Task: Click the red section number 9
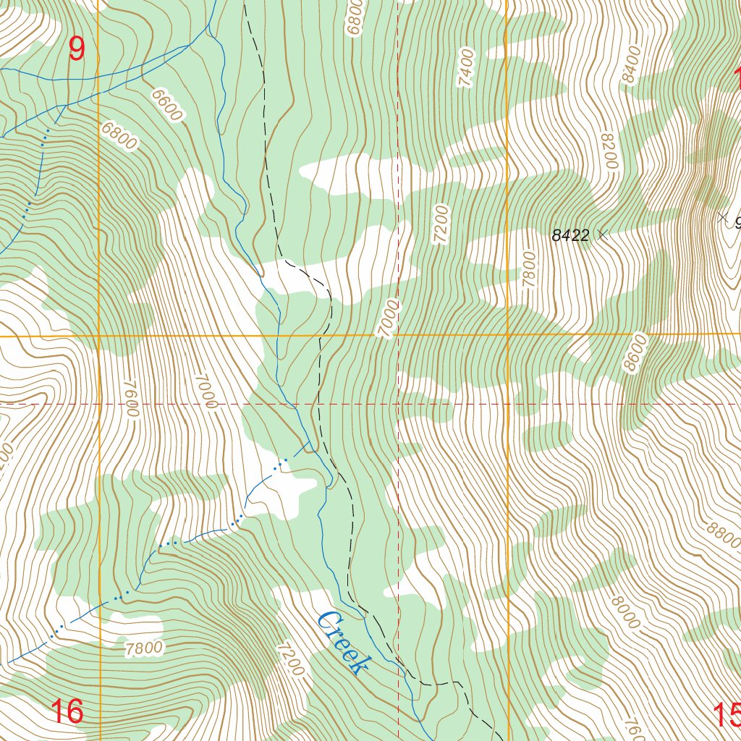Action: pos(77,49)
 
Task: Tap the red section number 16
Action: pos(67,711)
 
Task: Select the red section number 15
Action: pos(727,715)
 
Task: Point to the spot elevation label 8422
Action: pos(570,235)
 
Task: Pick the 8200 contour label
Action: pos(608,151)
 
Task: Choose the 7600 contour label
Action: pos(130,399)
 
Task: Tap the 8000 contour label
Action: pos(624,612)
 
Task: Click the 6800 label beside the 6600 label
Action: pos(119,136)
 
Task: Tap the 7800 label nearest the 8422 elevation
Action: pos(528,269)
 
